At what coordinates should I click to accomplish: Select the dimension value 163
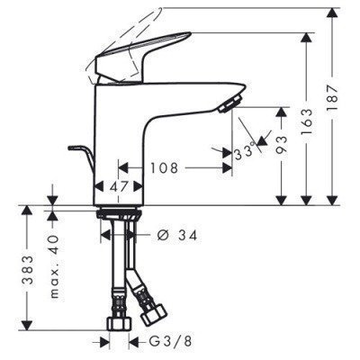coord(309,118)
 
